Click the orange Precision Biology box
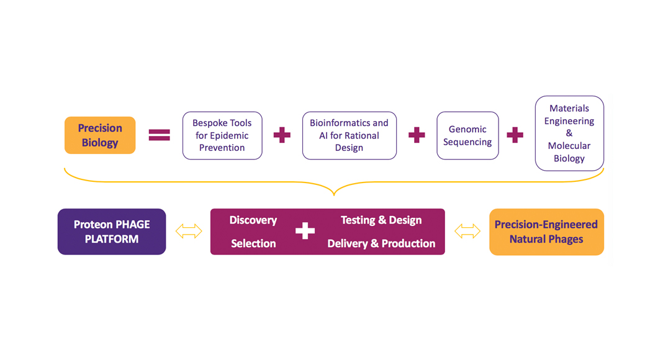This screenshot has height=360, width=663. point(100,135)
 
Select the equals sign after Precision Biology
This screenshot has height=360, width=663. point(160,135)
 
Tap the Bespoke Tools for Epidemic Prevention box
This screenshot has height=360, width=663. point(222,135)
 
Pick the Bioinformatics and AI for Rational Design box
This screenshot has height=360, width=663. point(349,135)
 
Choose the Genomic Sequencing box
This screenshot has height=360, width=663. point(467,135)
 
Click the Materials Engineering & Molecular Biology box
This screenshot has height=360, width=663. point(569,133)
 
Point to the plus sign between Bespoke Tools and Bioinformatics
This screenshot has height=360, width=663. point(282,135)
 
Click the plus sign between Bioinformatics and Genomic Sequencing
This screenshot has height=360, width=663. point(417,135)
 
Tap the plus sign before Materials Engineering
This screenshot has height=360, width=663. point(515,135)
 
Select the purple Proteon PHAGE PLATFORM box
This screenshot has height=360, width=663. point(112,232)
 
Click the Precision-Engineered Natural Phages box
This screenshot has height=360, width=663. point(546,232)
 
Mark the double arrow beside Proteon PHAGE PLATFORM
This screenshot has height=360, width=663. point(189,232)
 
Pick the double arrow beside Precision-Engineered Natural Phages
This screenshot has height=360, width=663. point(467,232)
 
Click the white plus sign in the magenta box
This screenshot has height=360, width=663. point(305,232)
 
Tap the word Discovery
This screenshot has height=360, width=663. point(253,220)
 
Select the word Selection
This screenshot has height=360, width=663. point(253,243)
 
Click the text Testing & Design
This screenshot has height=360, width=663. point(381,220)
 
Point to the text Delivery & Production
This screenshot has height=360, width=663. point(381,243)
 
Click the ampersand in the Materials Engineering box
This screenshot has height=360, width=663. point(569,133)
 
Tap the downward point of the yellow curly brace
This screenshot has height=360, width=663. point(334,193)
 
